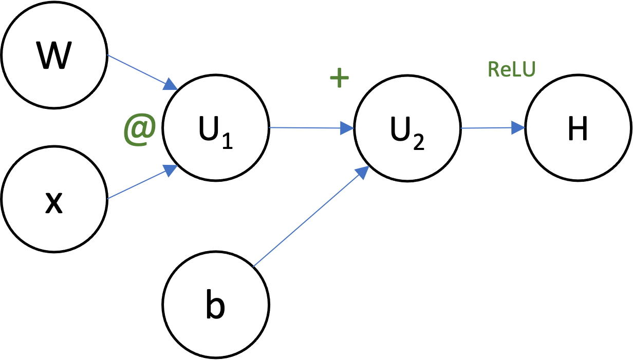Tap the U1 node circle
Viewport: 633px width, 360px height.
click(216, 128)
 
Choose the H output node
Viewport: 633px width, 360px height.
click(578, 128)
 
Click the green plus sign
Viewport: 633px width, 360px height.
click(339, 79)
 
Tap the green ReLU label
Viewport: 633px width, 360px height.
click(511, 70)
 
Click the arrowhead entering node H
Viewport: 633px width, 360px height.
click(519, 128)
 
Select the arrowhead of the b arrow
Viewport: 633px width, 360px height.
click(362, 172)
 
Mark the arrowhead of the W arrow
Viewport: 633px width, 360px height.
click(171, 84)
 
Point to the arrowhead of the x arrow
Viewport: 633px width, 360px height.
click(170, 170)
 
